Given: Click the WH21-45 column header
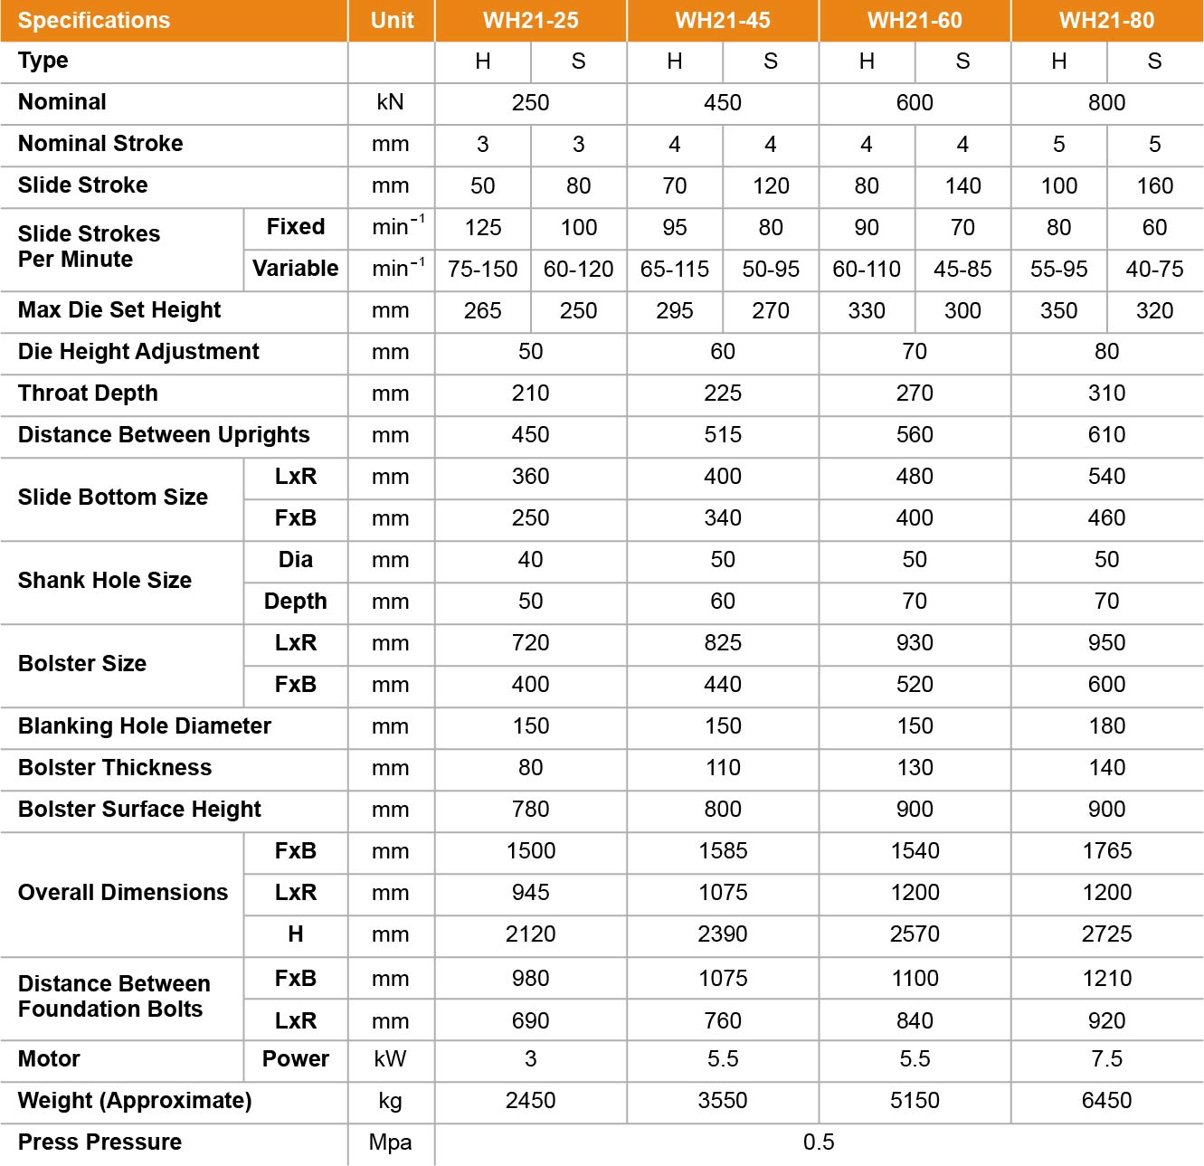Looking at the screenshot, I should click(x=722, y=21).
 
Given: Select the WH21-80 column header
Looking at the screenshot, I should click(x=1106, y=21).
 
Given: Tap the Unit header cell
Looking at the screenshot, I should click(x=392, y=21).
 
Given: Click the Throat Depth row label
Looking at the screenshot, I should click(x=88, y=393).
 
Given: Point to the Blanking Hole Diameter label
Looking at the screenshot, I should click(x=144, y=726).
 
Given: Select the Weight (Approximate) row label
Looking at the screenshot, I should click(x=135, y=1101).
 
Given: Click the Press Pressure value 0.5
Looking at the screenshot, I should click(x=819, y=1142).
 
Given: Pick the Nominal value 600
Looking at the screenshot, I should click(x=915, y=103).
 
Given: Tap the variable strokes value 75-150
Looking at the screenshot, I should click(x=482, y=270).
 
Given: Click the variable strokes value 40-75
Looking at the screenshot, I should click(x=1154, y=270).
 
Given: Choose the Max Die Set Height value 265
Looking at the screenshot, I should click(x=482, y=311).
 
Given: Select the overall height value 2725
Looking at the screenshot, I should click(x=1106, y=934).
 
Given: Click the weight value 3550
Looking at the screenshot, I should click(x=722, y=1101).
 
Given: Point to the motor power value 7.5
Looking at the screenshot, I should click(x=1106, y=1059).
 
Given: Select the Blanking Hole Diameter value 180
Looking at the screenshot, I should click(x=1106, y=726).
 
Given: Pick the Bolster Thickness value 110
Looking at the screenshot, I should click(x=722, y=768).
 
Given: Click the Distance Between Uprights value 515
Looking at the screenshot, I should click(x=722, y=435).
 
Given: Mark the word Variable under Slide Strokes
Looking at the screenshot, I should click(x=295, y=269).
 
